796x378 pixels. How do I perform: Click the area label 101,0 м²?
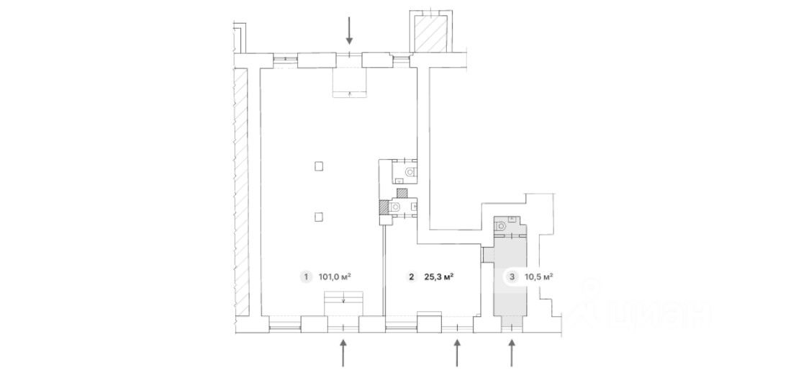(x=335, y=277)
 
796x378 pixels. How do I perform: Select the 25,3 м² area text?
(x=438, y=277)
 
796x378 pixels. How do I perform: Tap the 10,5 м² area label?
(x=538, y=277)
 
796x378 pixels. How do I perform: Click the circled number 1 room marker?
(x=306, y=277)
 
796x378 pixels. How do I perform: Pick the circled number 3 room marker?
(x=512, y=277)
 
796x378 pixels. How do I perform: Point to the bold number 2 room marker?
(x=411, y=277)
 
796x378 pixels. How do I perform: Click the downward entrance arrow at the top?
(x=349, y=30)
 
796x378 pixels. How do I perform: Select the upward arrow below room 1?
(x=343, y=353)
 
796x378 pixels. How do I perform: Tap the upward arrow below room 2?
(x=457, y=353)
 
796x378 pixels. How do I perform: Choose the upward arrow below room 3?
(x=512, y=353)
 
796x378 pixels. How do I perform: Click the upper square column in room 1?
(x=318, y=166)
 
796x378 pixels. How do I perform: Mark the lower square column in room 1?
(x=318, y=217)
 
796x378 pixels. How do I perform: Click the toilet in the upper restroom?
(x=410, y=172)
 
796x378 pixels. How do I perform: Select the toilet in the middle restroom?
(x=395, y=206)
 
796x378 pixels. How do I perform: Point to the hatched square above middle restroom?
(x=402, y=193)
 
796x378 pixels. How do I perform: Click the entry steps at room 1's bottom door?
(x=344, y=304)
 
